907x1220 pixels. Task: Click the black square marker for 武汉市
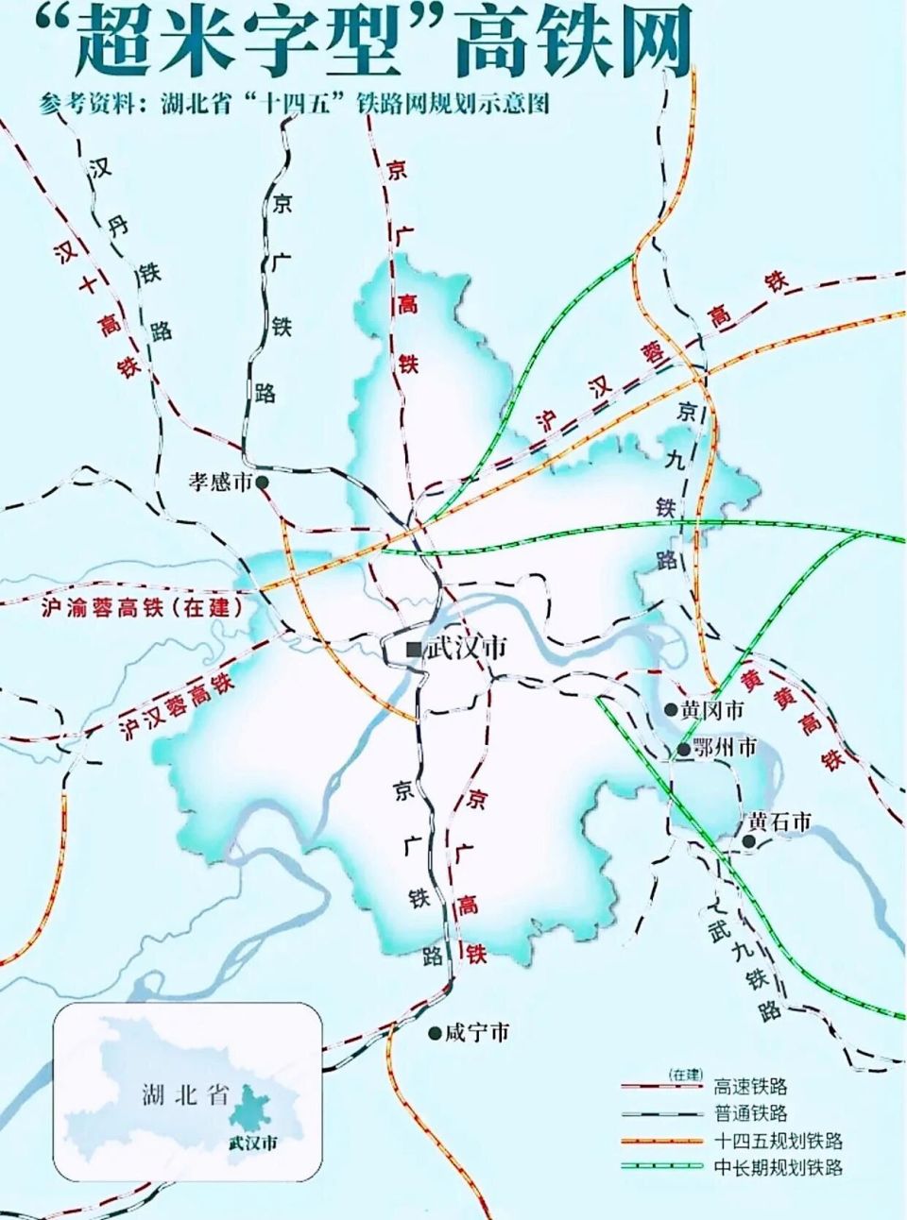pos(413,650)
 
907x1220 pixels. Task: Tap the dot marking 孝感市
pos(262,483)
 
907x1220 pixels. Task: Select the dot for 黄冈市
pos(670,709)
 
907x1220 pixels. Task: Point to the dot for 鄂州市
pos(682,750)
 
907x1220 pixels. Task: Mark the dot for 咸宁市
pos(434,1033)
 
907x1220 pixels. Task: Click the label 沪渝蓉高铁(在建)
pos(143,607)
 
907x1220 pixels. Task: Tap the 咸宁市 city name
pos(477,1033)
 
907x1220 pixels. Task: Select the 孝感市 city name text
pos(220,483)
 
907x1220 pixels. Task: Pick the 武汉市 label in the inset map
pos(253,1143)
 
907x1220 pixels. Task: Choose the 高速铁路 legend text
pos(751,1087)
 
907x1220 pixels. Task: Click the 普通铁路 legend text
pos(751,1113)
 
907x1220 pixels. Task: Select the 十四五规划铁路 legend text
pos(779,1141)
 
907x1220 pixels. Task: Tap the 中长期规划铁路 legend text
pos(779,1167)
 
